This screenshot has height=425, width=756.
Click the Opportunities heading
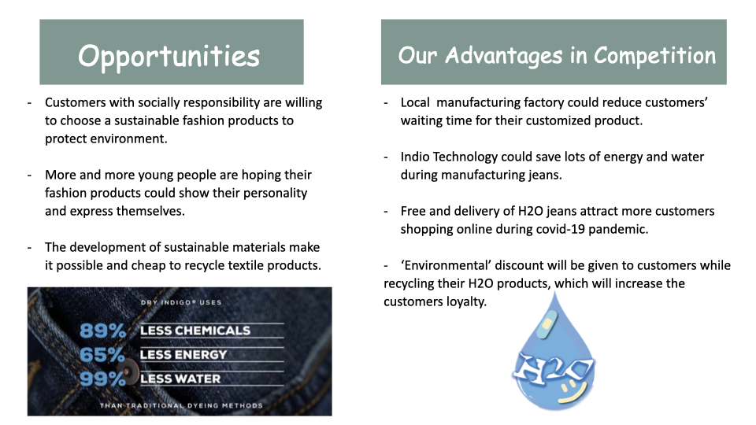[169, 57]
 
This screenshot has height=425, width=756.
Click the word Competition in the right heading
[654, 55]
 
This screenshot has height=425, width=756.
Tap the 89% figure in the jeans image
[102, 331]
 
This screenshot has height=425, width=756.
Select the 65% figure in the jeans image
[102, 355]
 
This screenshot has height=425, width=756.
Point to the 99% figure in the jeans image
[102, 379]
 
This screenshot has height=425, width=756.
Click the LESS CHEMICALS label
[195, 331]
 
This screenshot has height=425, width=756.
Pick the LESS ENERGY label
[183, 355]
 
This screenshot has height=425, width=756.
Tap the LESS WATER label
[180, 379]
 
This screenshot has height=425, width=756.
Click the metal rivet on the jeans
[130, 372]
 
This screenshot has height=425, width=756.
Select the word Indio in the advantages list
[415, 157]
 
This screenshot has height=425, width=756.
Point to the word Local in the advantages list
[415, 102]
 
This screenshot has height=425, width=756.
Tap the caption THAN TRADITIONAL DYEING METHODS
[181, 406]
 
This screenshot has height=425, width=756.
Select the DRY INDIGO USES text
[181, 302]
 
